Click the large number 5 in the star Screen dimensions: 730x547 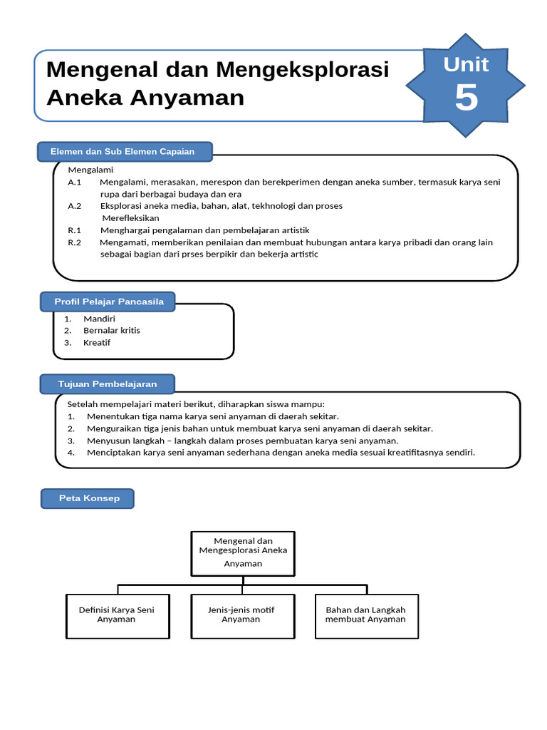point(466,98)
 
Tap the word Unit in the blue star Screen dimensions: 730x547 point(466,65)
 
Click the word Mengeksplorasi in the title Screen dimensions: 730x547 point(303,71)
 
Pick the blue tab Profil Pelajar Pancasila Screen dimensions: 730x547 point(109,302)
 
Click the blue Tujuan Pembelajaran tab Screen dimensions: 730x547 point(108,384)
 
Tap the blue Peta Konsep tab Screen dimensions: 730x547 point(89,498)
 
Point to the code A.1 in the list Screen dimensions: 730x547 point(75,182)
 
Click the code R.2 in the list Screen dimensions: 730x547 point(75,242)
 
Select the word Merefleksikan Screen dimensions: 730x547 point(131,218)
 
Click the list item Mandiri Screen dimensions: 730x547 point(99,319)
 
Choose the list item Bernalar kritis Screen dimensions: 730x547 point(112,331)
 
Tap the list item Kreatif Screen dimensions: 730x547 point(97,343)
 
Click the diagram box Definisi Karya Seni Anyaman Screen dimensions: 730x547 point(116,615)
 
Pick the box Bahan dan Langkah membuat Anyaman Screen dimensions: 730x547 point(365,615)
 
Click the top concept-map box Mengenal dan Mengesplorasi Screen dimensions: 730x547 point(243,552)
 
